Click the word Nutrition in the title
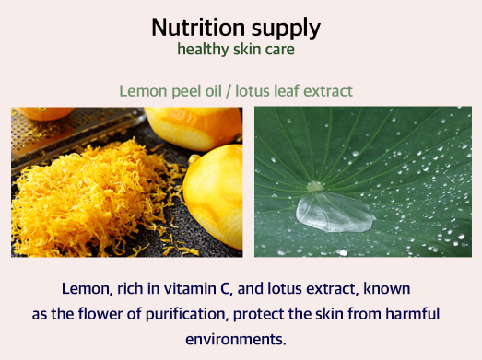[x=198, y=28]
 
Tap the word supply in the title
[x=286, y=29]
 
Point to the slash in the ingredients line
[x=229, y=91]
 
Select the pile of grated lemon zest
[x=92, y=200]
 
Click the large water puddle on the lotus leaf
[x=335, y=212]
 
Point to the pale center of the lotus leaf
[x=315, y=187]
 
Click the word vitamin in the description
[x=190, y=289]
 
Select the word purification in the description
[x=187, y=315]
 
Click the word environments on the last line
[x=236, y=340]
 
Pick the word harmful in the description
[x=413, y=314]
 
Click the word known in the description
[x=387, y=289]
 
